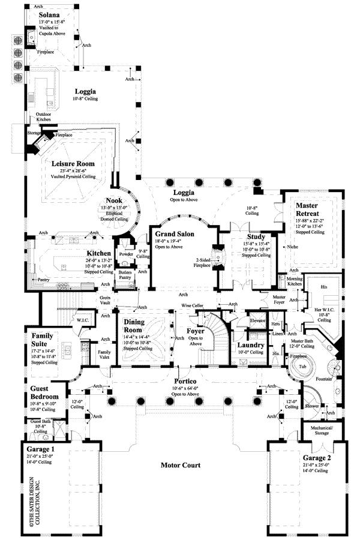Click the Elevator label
(x=258, y=320)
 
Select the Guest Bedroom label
(x=44, y=392)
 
